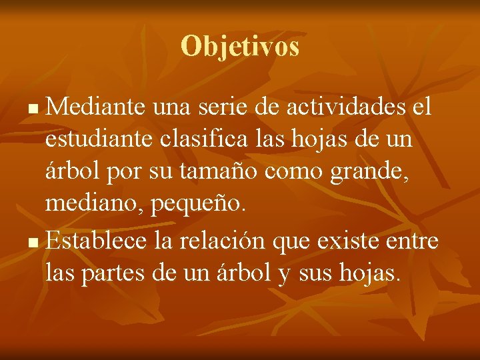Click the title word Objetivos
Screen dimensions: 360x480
[x=239, y=47]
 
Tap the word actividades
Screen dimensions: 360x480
[x=346, y=107]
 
